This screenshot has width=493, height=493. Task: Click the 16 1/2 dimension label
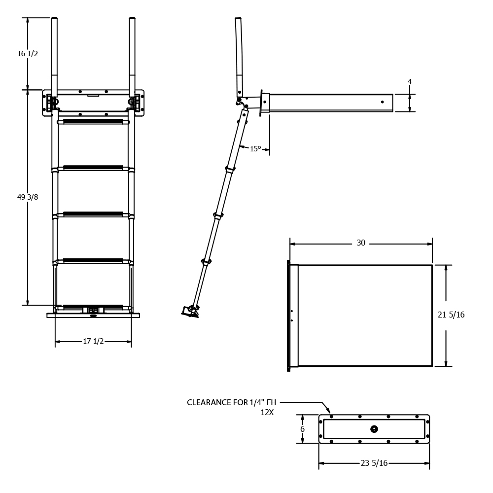point(28,54)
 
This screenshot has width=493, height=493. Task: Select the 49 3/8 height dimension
point(28,197)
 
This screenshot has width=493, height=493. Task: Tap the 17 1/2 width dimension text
point(93,341)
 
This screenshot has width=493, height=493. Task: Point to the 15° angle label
point(255,149)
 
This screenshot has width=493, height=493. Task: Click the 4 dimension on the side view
point(410,82)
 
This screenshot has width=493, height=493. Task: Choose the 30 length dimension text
point(361,243)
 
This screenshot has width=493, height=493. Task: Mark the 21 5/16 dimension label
point(451,315)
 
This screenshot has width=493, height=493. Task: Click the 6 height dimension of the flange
point(303,429)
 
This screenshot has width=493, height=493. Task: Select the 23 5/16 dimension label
point(374,463)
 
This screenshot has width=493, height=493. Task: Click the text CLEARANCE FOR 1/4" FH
point(231,402)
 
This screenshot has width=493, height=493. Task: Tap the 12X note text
point(267,413)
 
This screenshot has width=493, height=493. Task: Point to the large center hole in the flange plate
point(374,429)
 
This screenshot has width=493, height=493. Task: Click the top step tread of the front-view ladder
point(93,121)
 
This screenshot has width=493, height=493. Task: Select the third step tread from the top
point(93,214)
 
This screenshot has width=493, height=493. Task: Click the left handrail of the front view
point(54,57)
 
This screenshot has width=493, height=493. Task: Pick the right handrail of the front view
point(132,57)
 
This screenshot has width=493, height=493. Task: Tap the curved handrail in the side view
point(239,57)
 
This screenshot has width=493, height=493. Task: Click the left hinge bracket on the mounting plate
point(51,103)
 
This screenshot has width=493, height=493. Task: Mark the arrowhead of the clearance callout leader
point(329,411)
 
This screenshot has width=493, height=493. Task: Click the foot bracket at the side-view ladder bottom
point(190,311)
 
